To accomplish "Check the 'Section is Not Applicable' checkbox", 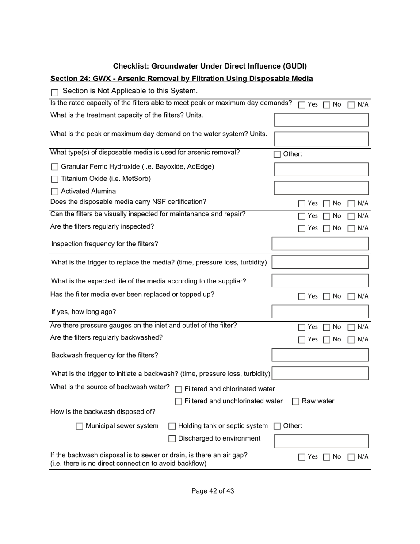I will click(55, 92).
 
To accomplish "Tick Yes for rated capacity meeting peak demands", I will click(302, 105).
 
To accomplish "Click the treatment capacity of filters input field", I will click(321, 120).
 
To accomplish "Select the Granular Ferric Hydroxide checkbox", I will click(55, 167).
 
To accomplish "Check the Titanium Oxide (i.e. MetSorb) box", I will click(55, 180).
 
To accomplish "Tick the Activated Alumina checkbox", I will click(55, 192).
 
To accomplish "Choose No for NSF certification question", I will click(327, 204).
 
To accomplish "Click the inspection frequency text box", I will click(320, 244).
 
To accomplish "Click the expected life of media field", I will click(320, 281).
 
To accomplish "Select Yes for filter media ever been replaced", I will click(302, 297).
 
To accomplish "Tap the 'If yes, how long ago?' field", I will click(320, 311).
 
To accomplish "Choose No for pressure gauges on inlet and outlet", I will click(327, 327).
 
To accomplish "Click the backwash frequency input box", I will click(320, 355).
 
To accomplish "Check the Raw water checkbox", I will click(296, 402).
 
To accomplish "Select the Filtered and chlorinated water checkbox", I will click(179, 390).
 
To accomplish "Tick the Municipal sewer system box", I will click(80, 426).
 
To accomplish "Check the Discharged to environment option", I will click(172, 439).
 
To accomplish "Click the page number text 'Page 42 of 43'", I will click(213, 491).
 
